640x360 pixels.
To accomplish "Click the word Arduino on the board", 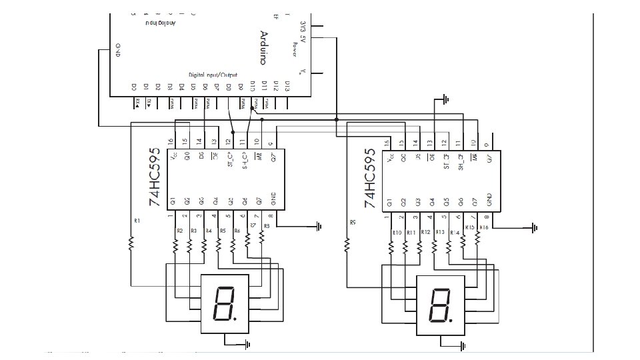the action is (x=264, y=48).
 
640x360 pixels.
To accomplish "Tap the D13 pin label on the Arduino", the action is (x=287, y=86).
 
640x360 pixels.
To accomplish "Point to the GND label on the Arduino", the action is (x=118, y=50).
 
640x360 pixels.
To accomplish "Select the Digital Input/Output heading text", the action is (x=217, y=75).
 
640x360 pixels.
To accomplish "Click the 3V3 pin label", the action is (x=304, y=27).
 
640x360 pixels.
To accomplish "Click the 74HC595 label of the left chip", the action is (x=154, y=177).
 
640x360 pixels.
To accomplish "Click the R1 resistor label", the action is (x=137, y=220).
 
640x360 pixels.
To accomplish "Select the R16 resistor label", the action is (x=484, y=227).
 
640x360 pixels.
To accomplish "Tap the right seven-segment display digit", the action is (x=440, y=303).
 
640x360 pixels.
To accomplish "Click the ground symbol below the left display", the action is (x=247, y=344).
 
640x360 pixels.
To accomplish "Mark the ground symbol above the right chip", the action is (x=445, y=100).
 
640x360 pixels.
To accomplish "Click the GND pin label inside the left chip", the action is (x=273, y=199).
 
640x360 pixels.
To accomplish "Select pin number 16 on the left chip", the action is (x=171, y=142).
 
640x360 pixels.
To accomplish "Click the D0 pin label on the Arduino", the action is (x=133, y=86).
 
